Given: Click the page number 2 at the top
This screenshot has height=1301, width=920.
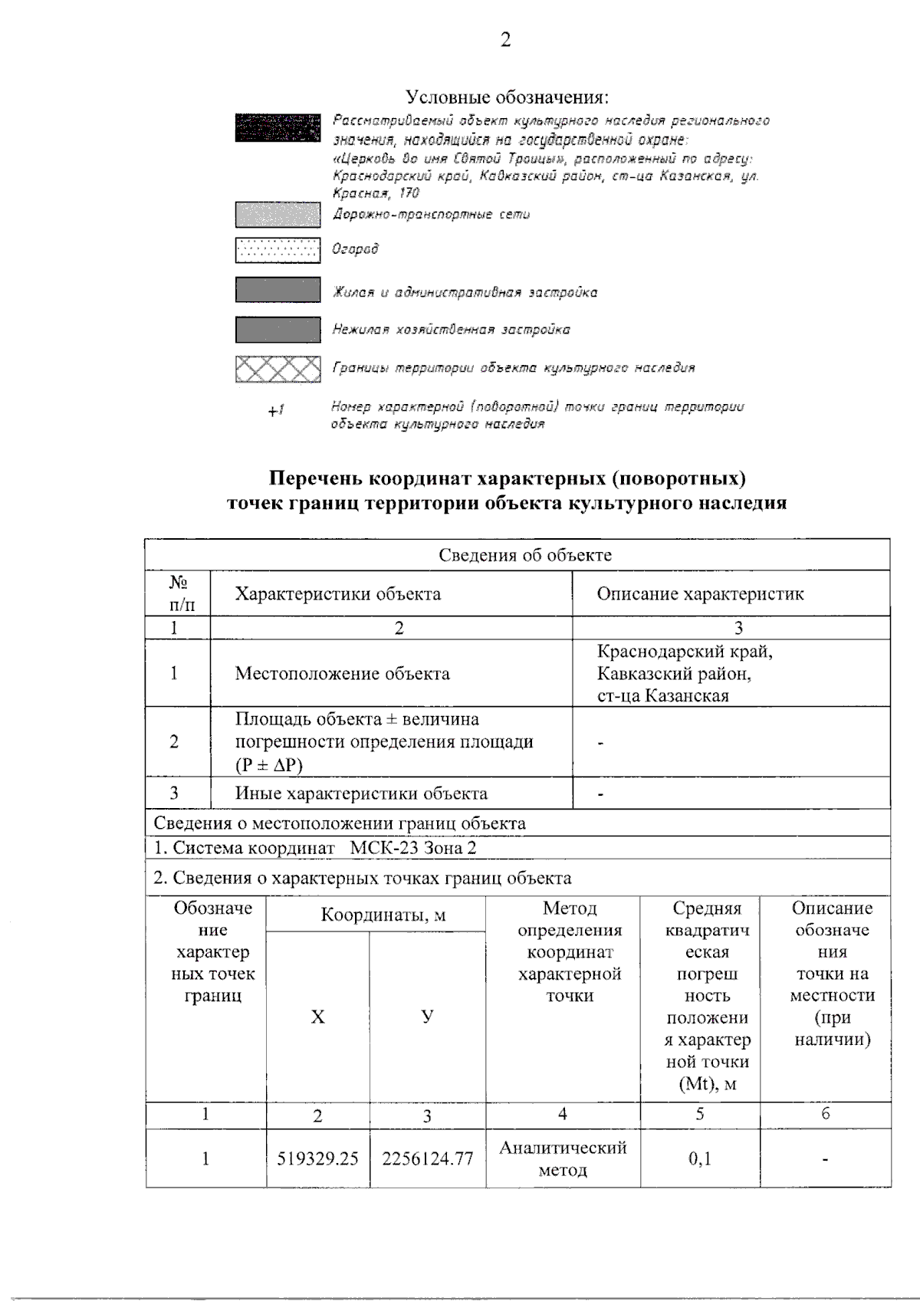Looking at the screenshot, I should point(505,40).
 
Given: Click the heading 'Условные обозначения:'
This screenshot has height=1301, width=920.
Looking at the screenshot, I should point(507,97).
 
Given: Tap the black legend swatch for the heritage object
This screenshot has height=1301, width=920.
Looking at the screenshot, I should point(278,127).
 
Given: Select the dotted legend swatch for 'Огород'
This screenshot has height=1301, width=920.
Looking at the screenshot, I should point(278,250).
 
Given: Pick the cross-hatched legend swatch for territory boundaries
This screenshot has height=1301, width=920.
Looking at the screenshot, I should point(278,370).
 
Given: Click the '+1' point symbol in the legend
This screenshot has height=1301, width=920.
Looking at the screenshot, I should point(276,411).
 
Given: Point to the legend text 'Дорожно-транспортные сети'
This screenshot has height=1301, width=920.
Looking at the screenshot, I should point(431,215).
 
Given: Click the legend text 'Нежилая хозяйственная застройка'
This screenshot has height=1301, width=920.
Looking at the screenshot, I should point(451,330).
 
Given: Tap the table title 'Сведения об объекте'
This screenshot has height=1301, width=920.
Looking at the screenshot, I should point(524,555).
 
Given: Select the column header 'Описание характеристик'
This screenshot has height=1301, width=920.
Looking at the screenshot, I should point(700,594).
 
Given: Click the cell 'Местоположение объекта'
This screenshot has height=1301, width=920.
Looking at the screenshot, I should point(342,674).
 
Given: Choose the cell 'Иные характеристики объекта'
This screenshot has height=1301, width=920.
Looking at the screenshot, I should point(361,793).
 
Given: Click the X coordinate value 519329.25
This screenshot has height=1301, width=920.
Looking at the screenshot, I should point(317,1159).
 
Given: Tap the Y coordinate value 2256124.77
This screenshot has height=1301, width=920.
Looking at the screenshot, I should point(427,1159).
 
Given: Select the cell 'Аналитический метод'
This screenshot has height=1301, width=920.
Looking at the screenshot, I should point(563,1158).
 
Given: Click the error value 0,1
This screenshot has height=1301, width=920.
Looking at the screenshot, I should point(699,1159).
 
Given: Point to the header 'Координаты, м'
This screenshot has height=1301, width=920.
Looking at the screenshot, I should point(383,915).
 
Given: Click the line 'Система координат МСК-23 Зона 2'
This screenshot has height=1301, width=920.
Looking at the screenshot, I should point(315,848).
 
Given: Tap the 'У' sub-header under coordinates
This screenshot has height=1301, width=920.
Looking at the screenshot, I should point(427,1017).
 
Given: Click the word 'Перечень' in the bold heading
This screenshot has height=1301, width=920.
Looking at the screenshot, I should point(315,478).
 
